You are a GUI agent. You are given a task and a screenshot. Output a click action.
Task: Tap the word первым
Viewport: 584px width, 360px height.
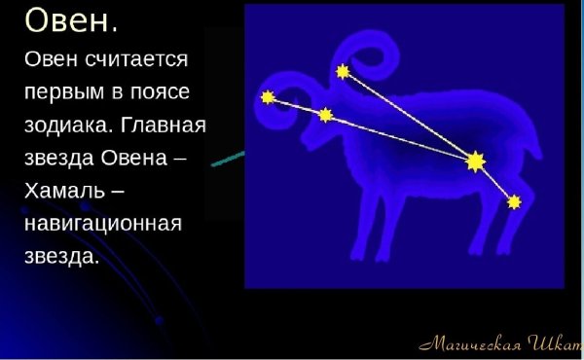pyautogui.click(x=70, y=92)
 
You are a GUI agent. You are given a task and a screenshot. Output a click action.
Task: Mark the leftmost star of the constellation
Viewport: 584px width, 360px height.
pyautogui.click(x=268, y=97)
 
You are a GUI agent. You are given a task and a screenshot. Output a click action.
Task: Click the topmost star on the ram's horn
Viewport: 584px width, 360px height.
pyautogui.click(x=343, y=71)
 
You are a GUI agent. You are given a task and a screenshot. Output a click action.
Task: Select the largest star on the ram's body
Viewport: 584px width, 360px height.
pyautogui.click(x=475, y=161)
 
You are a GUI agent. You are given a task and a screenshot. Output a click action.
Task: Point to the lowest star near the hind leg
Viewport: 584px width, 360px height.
pyautogui.click(x=515, y=201)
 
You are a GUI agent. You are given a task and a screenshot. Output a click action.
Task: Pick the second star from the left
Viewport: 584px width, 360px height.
pyautogui.click(x=325, y=115)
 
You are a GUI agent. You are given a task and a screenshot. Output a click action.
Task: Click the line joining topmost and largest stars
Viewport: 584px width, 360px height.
pyautogui.click(x=409, y=116)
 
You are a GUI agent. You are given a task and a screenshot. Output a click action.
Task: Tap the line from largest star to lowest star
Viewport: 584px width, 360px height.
pyautogui.click(x=495, y=182)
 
